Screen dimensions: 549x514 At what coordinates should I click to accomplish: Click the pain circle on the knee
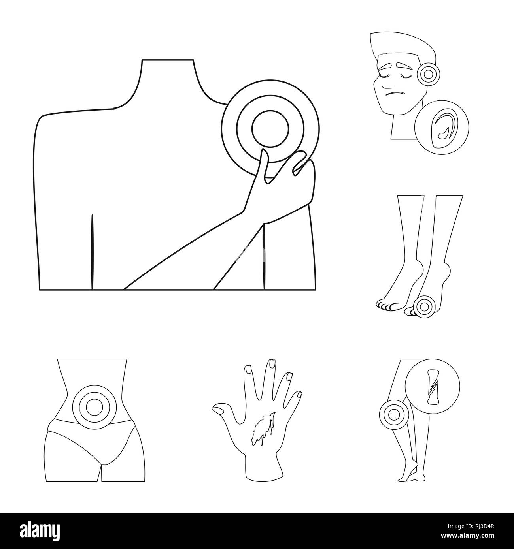pos(393,414)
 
